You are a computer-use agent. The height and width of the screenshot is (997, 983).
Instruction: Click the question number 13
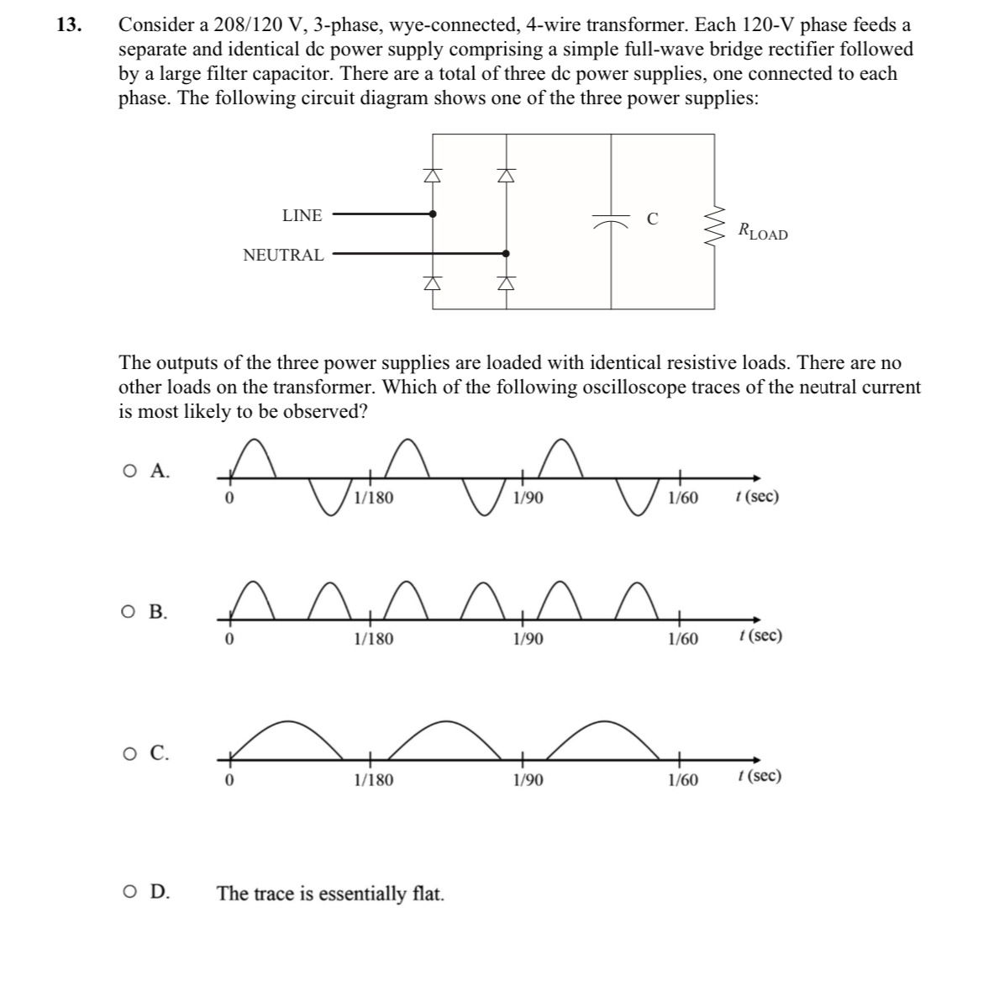pos(70,25)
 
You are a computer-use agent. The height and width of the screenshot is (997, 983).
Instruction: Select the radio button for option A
pos(129,472)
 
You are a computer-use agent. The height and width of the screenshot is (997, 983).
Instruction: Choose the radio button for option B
pos(129,611)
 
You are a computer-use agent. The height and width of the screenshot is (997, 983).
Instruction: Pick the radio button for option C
pos(129,753)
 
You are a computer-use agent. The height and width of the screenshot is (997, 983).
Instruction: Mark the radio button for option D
pos(129,892)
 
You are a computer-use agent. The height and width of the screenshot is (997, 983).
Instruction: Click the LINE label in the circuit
pos(302,215)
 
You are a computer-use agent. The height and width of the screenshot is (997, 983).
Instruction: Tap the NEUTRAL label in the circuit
pos(283,255)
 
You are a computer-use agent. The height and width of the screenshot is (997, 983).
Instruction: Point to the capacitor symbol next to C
pos(611,221)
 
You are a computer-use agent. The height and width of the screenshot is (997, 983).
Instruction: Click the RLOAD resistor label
pos(762,230)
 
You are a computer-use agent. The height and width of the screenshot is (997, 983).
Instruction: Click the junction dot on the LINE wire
pos(432,214)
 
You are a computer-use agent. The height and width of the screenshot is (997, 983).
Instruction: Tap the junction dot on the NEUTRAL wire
pos(505,251)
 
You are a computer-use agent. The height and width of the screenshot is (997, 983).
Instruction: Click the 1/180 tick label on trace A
pos(373,498)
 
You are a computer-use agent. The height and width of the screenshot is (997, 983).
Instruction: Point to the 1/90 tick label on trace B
pos(528,639)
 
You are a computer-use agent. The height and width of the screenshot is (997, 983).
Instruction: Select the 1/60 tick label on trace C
pos(682,780)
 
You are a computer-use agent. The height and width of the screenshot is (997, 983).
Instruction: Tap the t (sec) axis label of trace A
pos(755,496)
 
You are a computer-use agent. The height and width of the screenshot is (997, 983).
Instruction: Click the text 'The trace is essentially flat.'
pos(330,893)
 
